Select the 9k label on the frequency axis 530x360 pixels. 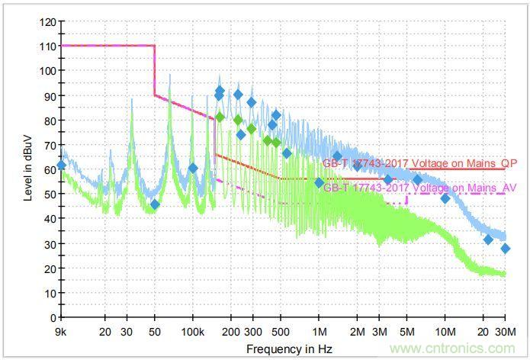[x=61, y=333]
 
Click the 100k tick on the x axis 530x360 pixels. [x=193, y=333]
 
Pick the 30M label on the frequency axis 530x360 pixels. [x=504, y=333]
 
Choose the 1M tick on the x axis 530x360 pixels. [x=320, y=333]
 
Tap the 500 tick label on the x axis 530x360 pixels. [x=281, y=333]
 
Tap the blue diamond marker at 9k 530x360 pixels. [x=62, y=165]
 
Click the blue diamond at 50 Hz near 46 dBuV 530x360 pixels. [x=155, y=204]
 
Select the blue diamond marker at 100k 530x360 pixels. [x=193, y=169]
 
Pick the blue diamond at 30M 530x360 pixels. [x=505, y=249]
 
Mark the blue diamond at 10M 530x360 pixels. [x=445, y=199]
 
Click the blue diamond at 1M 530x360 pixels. [x=320, y=182]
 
